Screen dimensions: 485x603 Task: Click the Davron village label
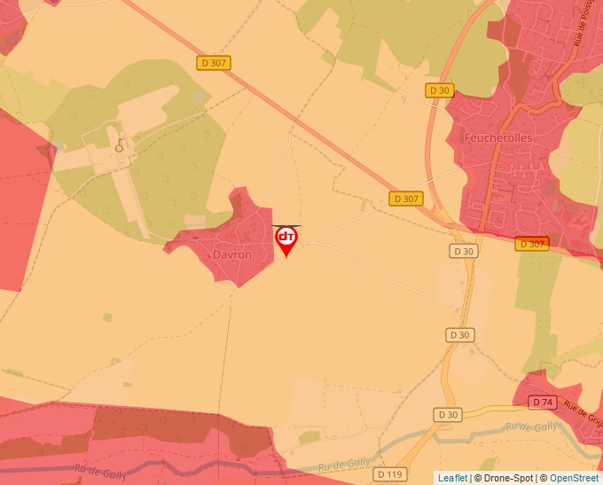point(232,254)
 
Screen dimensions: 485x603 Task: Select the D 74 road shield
point(544,402)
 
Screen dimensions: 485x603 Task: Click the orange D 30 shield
point(440,90)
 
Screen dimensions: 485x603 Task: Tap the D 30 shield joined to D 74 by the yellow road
point(449,415)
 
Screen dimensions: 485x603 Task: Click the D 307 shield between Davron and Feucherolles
point(405,199)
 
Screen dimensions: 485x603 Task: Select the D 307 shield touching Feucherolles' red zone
point(532,244)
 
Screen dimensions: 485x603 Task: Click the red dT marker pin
point(286,239)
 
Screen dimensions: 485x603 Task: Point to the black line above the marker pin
point(286,225)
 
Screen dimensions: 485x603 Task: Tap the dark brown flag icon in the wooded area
point(120,145)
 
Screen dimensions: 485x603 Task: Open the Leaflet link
point(452,478)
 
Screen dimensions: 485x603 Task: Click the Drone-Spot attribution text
point(503,478)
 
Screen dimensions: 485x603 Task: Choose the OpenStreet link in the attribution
point(574,478)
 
